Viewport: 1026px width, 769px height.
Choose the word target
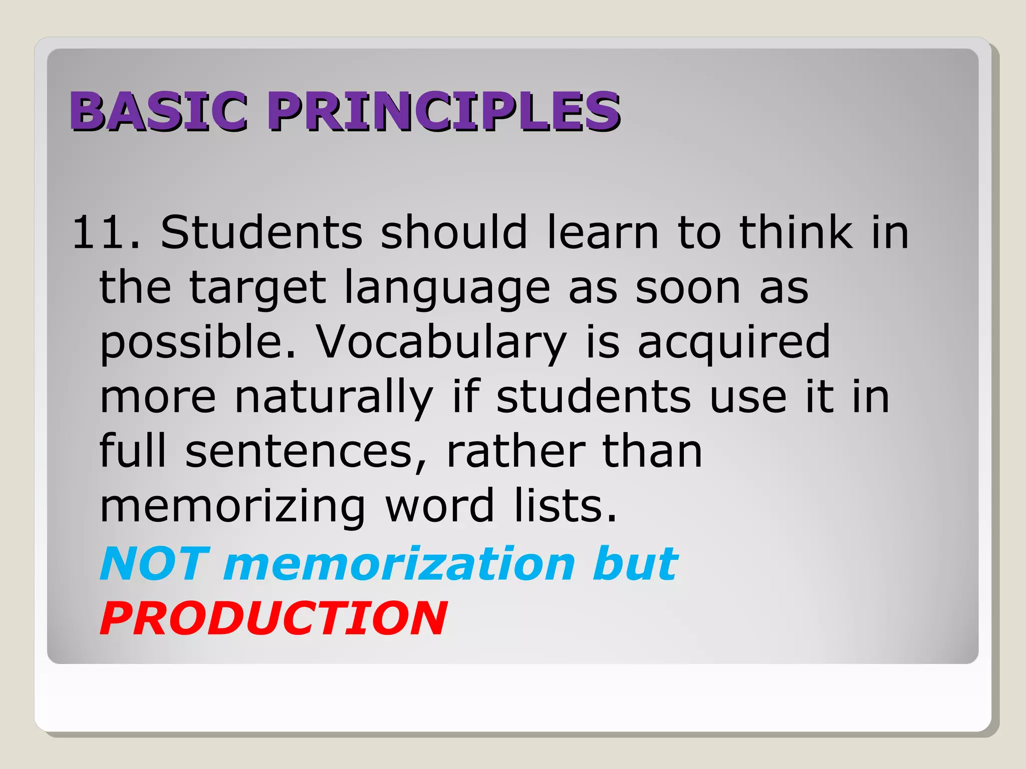pos(258,289)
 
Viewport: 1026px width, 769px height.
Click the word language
pos(447,289)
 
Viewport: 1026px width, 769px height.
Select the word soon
pos(688,288)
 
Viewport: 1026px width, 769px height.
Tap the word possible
pos(198,343)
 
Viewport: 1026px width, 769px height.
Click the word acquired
pos(734,343)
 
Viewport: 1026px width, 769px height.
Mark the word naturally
pos(334,399)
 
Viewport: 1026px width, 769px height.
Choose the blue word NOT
pos(154,564)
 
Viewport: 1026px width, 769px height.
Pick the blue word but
pos(635,564)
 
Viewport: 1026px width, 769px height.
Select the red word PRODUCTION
pos(273,619)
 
